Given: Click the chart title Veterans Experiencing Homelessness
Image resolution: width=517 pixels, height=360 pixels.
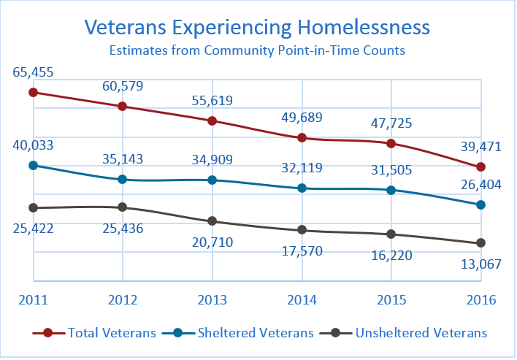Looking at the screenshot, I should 257,27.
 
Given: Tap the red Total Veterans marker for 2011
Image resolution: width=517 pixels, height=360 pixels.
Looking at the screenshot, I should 33,92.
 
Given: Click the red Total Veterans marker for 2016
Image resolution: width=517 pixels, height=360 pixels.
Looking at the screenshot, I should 480,167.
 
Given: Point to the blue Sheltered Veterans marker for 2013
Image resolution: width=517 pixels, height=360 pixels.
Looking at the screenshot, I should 212,180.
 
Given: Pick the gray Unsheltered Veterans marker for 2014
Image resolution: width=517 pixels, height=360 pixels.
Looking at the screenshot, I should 302,230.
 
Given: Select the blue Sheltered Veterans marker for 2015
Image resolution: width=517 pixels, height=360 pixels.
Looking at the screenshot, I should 391,190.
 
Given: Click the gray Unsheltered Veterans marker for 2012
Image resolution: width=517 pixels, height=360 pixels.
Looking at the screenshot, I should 123,207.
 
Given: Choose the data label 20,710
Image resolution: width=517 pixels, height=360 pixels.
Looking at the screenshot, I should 212,242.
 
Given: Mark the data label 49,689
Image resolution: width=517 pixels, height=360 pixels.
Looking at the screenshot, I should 302,117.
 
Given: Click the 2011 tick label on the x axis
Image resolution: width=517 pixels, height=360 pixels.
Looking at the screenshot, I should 33,300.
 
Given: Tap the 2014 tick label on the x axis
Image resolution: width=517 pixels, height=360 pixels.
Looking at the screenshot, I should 302,300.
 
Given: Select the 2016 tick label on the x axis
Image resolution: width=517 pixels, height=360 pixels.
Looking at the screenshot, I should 480,300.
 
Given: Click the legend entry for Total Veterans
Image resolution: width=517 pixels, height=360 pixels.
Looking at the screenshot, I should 95,333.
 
